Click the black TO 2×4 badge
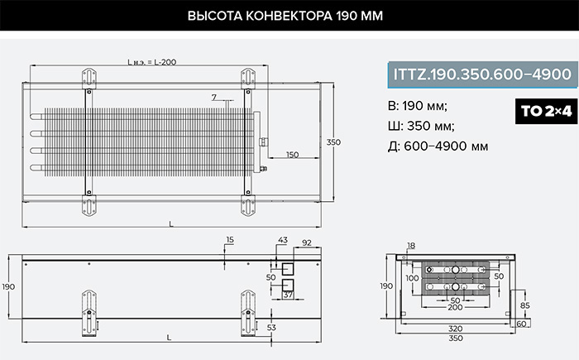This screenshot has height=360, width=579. (x=546, y=111)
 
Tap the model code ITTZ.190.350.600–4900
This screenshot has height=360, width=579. (x=482, y=74)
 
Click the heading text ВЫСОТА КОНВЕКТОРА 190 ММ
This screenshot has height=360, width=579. (x=285, y=16)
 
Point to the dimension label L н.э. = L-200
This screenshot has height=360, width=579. (x=151, y=62)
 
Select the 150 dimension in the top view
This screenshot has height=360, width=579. (x=293, y=155)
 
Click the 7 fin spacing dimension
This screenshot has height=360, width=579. (x=214, y=97)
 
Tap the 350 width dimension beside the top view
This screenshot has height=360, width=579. (x=333, y=142)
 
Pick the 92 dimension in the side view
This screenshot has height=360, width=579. (x=307, y=242)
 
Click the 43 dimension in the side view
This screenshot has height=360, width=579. (x=283, y=239)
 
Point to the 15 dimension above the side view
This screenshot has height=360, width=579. (x=230, y=239)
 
